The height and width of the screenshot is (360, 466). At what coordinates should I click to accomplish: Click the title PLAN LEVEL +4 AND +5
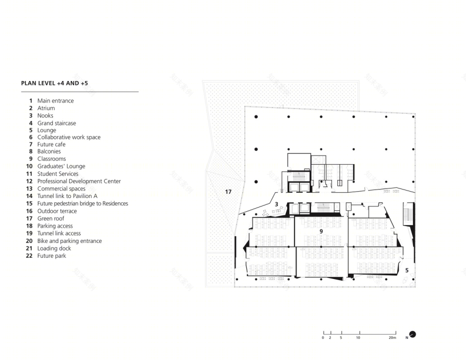[55, 83]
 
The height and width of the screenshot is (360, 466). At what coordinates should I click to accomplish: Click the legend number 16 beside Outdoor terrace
[29, 211]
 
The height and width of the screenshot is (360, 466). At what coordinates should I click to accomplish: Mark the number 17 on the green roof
[228, 192]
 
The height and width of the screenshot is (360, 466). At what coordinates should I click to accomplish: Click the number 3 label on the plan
[276, 204]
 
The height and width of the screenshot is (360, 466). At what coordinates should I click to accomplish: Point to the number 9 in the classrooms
[321, 231]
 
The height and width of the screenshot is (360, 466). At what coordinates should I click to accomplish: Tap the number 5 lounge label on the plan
[407, 271]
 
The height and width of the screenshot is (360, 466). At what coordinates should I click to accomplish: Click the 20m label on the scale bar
[392, 338]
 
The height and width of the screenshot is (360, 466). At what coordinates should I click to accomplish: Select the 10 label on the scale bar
[358, 338]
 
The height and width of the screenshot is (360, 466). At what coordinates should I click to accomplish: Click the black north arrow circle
[413, 335]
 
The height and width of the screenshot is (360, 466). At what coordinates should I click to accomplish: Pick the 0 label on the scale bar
[323, 338]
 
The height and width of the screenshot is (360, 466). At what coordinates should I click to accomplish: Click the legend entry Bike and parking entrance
[69, 241]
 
